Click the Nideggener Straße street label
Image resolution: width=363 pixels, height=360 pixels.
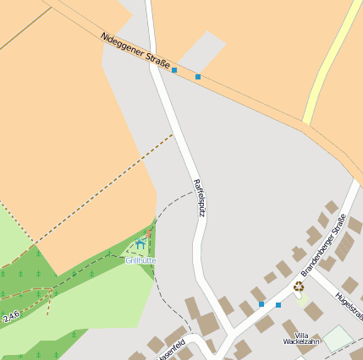click(x=135, y=51)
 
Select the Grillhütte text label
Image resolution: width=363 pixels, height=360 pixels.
click(x=140, y=260)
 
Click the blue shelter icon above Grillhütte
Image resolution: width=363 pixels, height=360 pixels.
click(x=140, y=245)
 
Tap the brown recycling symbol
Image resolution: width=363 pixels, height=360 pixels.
click(x=299, y=286)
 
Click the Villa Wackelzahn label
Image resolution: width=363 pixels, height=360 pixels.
click(x=301, y=338)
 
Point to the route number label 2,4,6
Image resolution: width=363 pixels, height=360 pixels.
click(x=10, y=317)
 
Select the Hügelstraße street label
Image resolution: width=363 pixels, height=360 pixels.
click(x=349, y=306)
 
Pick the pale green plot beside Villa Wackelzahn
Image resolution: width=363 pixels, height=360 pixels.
click(x=337, y=339)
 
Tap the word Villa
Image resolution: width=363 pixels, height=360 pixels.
click(x=301, y=335)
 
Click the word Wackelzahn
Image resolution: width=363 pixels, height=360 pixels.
click(x=301, y=342)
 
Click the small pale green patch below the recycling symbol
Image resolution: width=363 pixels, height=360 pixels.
click(x=300, y=297)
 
